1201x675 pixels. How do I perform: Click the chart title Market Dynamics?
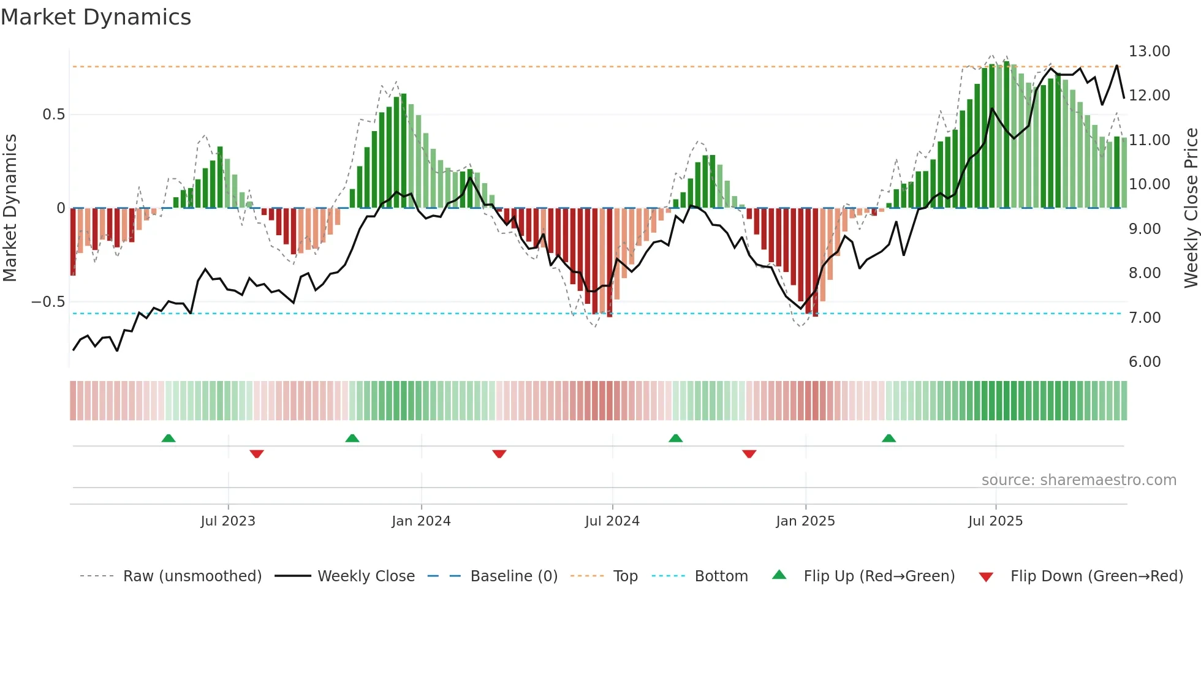pos(96,17)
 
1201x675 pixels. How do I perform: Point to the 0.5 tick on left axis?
pos(53,115)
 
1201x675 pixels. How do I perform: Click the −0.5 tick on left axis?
pos(48,302)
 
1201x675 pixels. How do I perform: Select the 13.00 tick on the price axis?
pos(1149,51)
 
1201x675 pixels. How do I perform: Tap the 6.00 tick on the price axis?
pos(1144,362)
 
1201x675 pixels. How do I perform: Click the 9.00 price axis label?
pos(1144,229)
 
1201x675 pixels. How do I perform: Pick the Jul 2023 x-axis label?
pos(227,521)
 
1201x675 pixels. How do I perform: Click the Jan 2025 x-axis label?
pos(805,521)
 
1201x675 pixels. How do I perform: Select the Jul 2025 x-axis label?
pos(995,521)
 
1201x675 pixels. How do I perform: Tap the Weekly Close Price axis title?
pos(1191,208)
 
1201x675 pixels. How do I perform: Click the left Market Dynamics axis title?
pos(10,208)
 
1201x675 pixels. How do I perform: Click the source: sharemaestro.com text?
pos(1078,480)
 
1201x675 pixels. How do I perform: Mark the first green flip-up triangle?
pos(169,438)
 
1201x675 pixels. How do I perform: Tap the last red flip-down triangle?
pos(749,454)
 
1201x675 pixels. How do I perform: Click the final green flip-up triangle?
pos(888,438)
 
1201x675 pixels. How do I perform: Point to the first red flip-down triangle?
pos(257,454)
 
